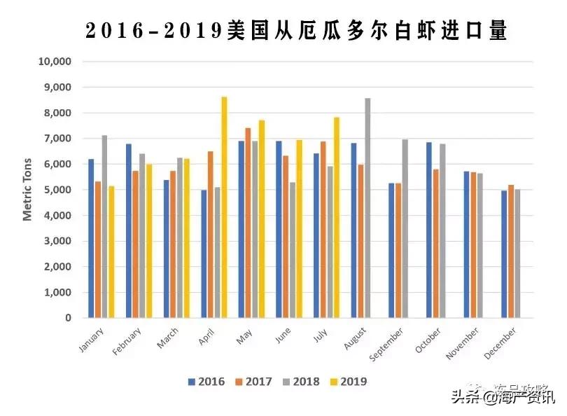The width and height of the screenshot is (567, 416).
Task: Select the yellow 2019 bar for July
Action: [337, 217]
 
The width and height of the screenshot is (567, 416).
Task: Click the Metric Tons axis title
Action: [28, 190]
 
